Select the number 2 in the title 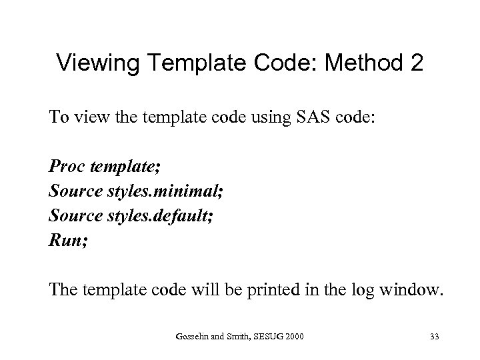(413, 63)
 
